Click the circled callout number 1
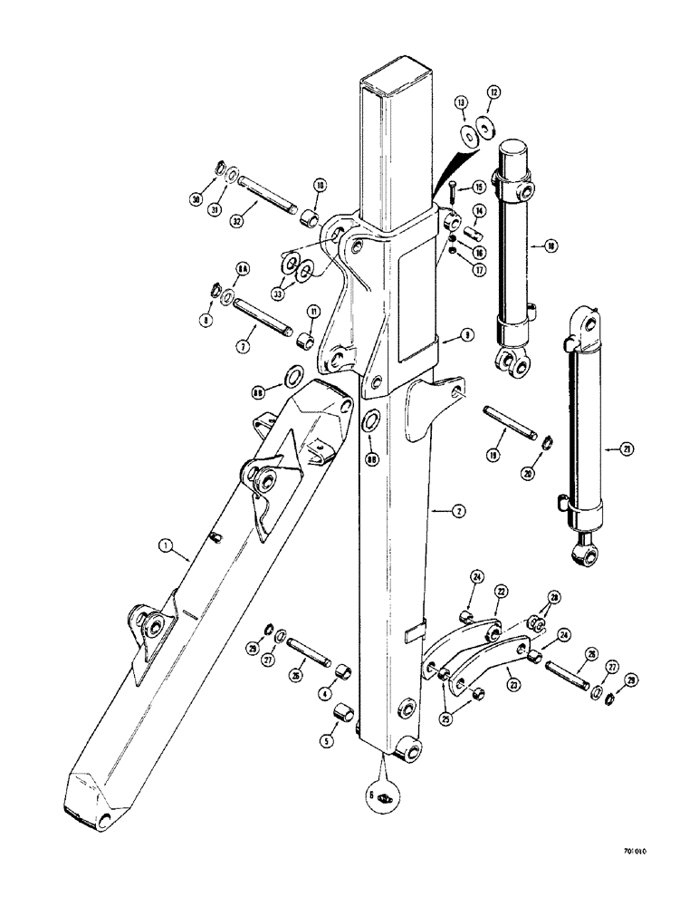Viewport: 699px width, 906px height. pyautogui.click(x=164, y=546)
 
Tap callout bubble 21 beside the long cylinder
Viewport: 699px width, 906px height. pyautogui.click(x=618, y=448)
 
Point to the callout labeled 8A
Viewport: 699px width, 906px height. pyautogui.click(x=242, y=268)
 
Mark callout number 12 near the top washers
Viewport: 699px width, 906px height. pyautogui.click(x=493, y=92)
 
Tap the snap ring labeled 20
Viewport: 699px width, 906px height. pyautogui.click(x=548, y=441)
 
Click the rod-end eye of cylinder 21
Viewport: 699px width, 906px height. pyautogui.click(x=581, y=548)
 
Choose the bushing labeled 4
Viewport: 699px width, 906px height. pyautogui.click(x=345, y=672)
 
